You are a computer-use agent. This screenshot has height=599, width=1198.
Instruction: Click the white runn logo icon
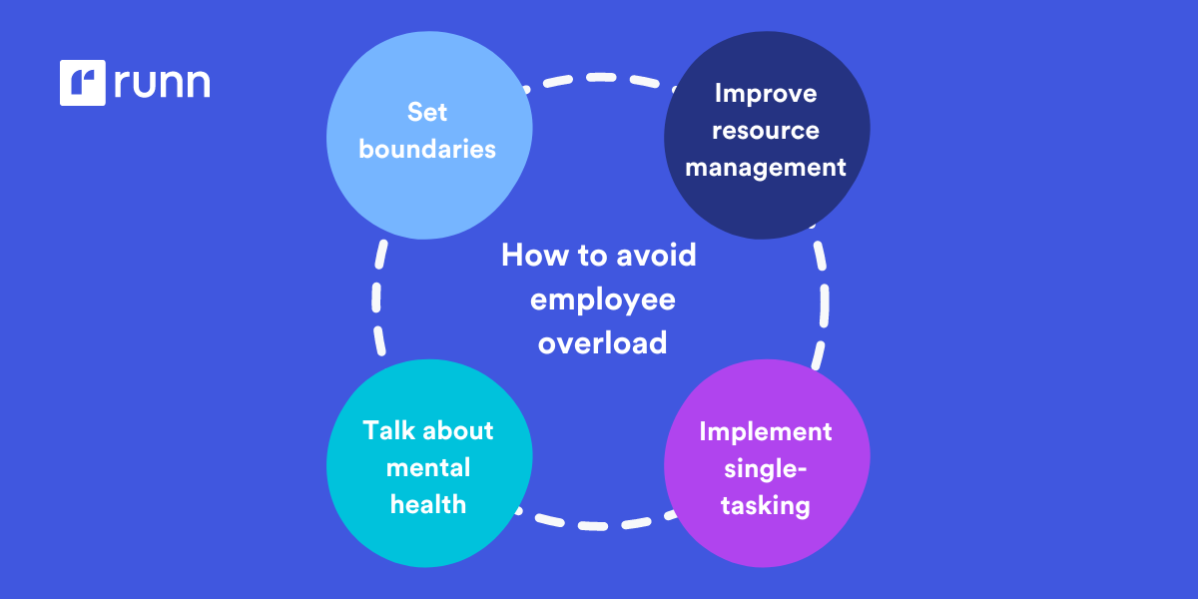coord(82,83)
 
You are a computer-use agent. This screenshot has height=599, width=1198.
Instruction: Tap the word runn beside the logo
coord(162,84)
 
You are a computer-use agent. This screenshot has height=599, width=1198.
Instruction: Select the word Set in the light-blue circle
coord(427,111)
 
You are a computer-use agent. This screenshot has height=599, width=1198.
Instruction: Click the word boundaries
coord(427,149)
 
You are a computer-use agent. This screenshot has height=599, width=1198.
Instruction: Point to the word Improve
coord(766,93)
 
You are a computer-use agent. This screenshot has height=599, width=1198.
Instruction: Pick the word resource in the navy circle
coord(766,130)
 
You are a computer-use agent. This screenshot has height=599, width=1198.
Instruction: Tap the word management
coord(766,167)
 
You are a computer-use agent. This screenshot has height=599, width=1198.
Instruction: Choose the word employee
coord(602,299)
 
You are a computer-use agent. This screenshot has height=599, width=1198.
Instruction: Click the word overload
coord(602,342)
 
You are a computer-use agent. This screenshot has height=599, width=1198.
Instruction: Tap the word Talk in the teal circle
coord(389,430)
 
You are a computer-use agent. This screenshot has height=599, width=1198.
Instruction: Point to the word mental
coord(428,467)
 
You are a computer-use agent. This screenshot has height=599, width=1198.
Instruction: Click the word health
coord(428,504)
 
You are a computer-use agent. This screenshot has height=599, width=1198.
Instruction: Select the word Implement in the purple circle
coord(766,431)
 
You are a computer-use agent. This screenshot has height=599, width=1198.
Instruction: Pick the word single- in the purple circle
coord(766,468)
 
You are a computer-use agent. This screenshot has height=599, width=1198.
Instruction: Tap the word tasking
coord(766,505)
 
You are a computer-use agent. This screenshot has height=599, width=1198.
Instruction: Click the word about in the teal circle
coord(457,430)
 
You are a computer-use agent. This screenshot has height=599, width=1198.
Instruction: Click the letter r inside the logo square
coord(84,85)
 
